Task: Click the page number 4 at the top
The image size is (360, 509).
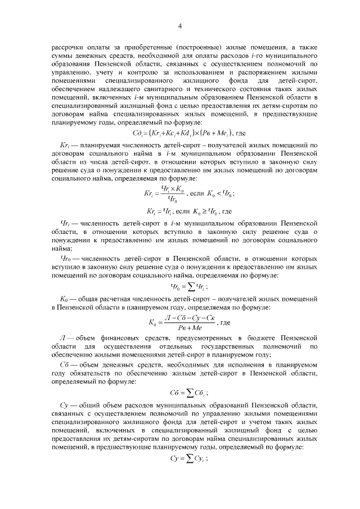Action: click(x=180, y=25)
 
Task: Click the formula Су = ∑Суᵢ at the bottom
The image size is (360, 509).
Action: click(x=181, y=460)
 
